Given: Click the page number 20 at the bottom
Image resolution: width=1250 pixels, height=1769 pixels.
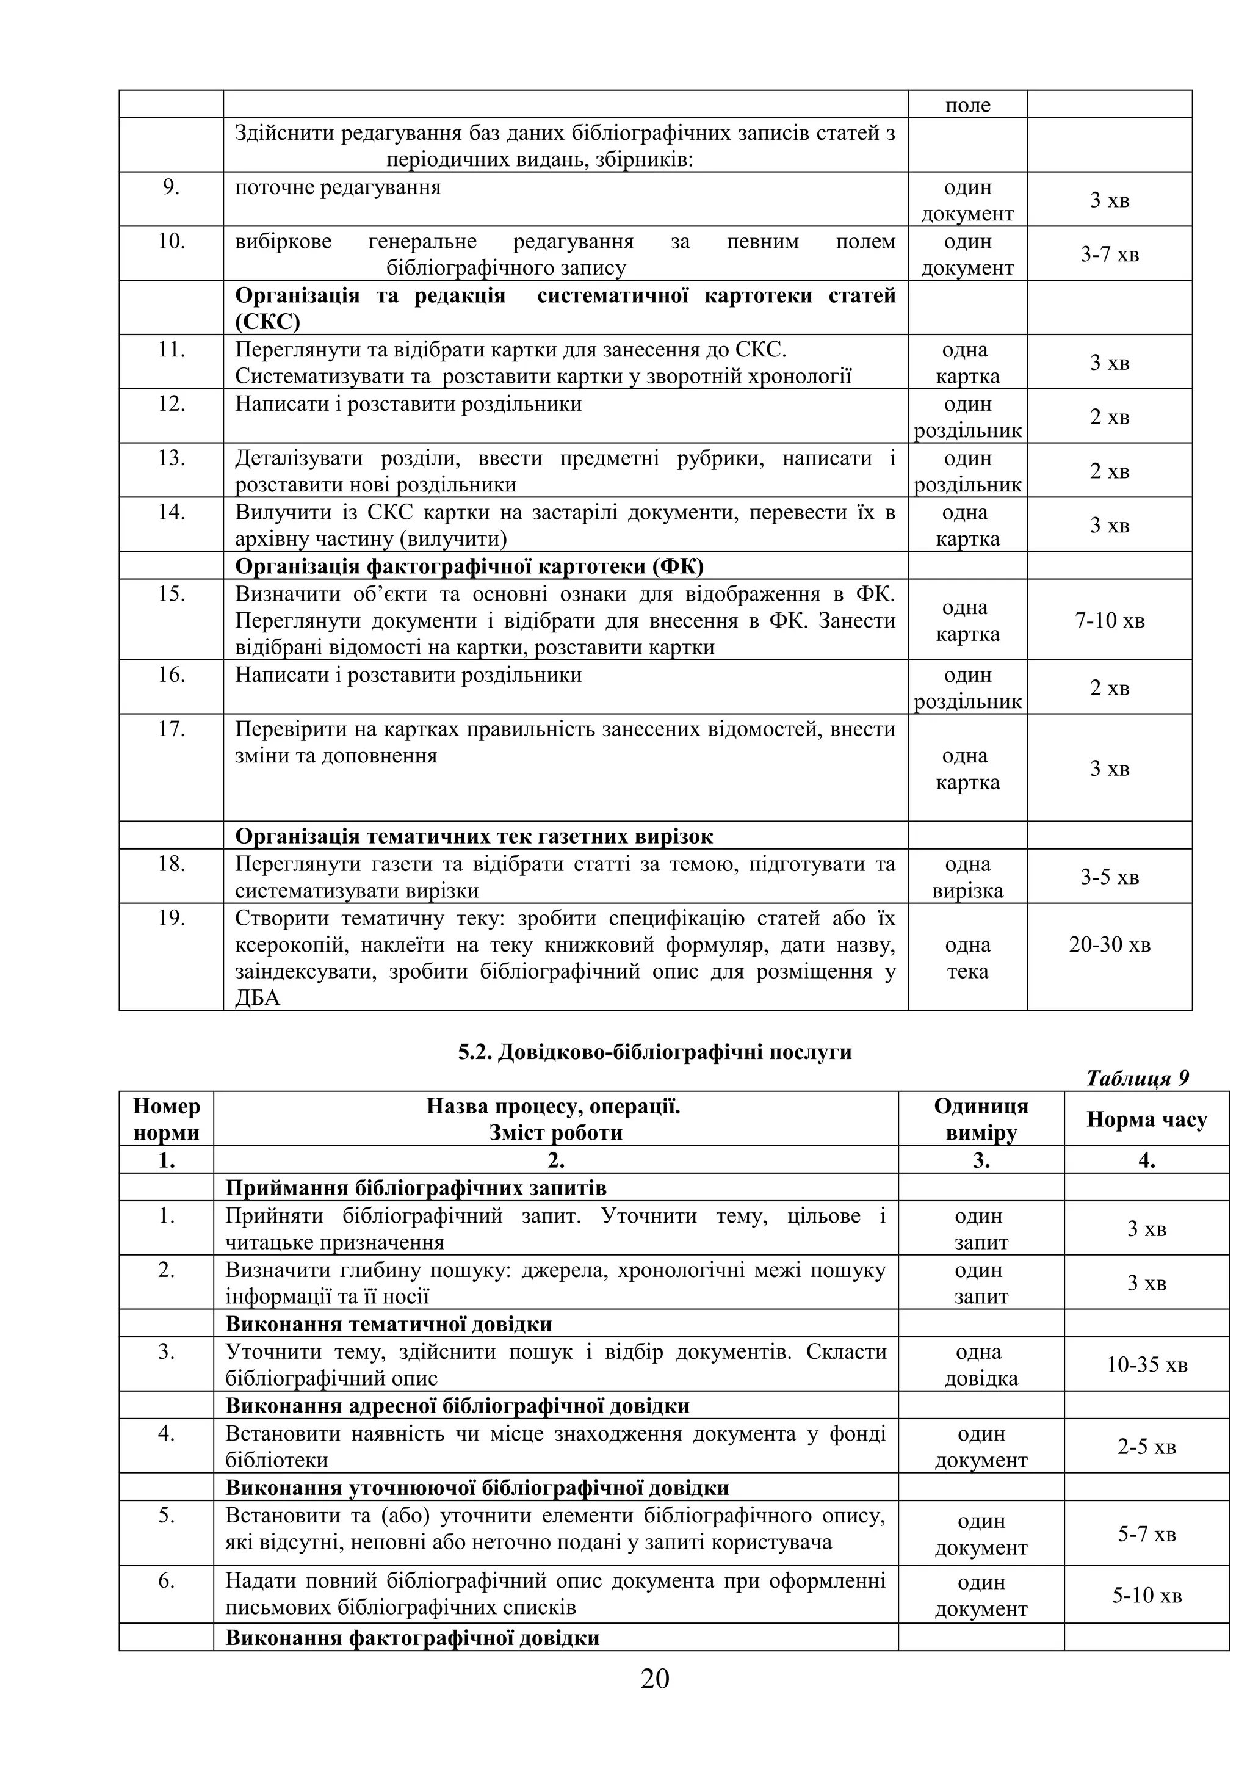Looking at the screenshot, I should [655, 1677].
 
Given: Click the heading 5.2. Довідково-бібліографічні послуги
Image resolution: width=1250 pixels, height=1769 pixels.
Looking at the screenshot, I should [655, 1052].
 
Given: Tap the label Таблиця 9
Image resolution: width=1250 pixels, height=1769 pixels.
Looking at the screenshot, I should [1138, 1078].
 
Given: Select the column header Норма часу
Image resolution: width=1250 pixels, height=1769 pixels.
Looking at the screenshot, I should [1146, 1120].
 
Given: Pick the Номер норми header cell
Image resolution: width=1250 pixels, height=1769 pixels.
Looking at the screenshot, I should [167, 1120].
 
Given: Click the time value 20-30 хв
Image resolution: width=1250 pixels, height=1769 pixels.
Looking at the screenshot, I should [1109, 944].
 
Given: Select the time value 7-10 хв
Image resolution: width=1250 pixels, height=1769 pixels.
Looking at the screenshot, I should [1109, 620].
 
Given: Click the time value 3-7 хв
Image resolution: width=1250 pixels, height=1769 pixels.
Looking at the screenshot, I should [1109, 255].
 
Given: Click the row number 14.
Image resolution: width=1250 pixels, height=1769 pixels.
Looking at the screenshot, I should [171, 512].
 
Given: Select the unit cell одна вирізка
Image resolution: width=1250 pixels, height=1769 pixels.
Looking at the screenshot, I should [967, 878].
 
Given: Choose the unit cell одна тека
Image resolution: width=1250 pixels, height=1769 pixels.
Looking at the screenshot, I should [967, 958].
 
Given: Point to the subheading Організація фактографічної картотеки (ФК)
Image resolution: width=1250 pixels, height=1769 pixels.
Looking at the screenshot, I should [468, 566].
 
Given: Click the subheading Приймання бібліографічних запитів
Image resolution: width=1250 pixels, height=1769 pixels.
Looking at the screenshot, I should [416, 1188].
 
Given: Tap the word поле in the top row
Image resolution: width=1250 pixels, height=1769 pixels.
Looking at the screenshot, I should [967, 106].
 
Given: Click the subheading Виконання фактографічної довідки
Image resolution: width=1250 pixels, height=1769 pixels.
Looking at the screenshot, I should [412, 1638].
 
